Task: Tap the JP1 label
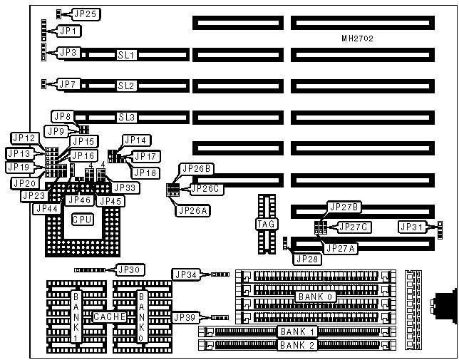69,31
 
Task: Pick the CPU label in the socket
81,220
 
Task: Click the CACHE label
106,316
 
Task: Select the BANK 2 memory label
296,346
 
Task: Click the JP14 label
135,140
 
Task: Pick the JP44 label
46,208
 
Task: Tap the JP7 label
68,85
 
